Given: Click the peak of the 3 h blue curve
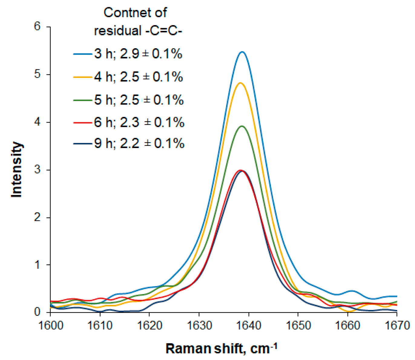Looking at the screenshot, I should tap(242, 52).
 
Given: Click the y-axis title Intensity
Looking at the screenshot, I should tap(17, 170).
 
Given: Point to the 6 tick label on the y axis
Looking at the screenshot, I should tap(37, 27).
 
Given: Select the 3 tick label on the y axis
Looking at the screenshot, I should tap(37, 170).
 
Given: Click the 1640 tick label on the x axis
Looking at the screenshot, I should tap(249, 325).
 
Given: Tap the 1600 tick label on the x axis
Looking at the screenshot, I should tap(51, 325).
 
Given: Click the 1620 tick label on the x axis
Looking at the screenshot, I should tap(150, 325).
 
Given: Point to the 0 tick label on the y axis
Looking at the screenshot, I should tap(37, 312).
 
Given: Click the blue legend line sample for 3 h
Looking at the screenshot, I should tap(82, 54).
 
